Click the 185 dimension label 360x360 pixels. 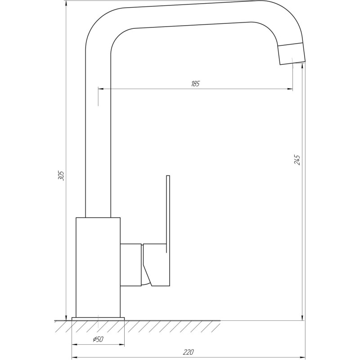click(195, 84)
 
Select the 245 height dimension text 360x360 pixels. click(297, 159)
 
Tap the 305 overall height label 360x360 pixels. click(62, 175)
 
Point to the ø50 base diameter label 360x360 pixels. click(98, 339)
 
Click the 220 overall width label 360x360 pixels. click(189, 352)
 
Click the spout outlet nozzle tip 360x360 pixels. click(292, 54)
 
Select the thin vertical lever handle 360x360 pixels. click(168, 207)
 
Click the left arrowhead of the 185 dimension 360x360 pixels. click(100, 89)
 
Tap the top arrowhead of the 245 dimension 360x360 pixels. click(303, 66)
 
